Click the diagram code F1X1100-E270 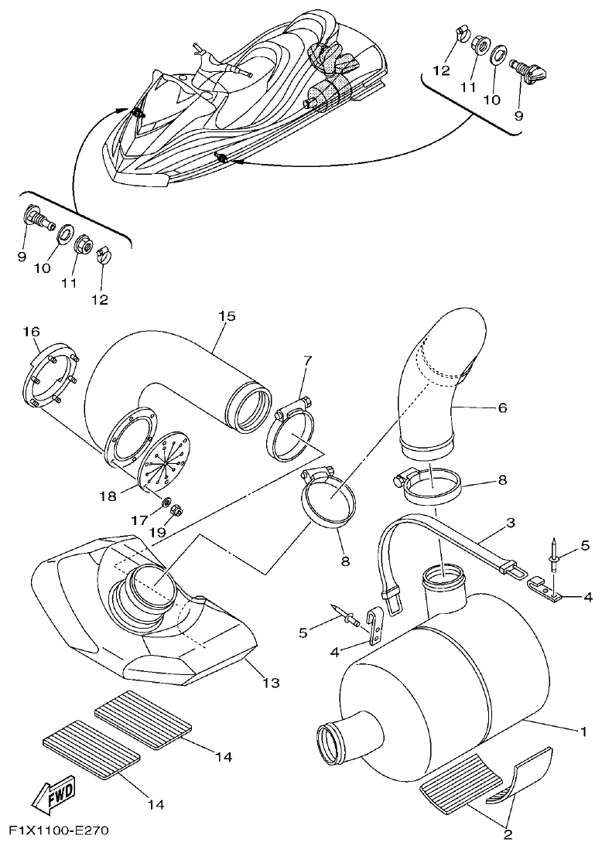(x=59, y=831)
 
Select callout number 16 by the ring (x=31, y=332)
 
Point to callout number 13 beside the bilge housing (x=271, y=684)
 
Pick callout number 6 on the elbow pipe (x=502, y=407)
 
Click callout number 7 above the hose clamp (x=307, y=360)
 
